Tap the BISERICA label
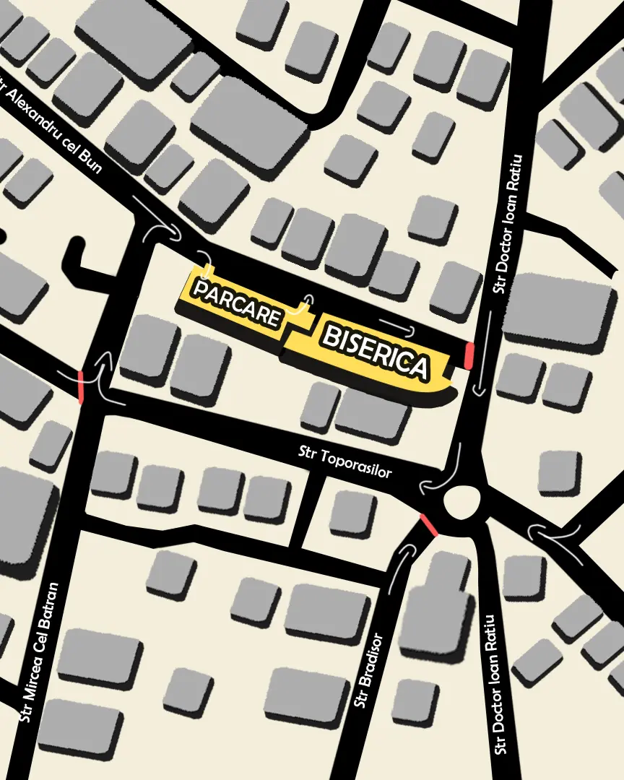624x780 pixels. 375,352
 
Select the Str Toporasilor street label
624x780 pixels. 345,461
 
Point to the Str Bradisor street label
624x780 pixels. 367,672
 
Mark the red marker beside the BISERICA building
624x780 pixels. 469,356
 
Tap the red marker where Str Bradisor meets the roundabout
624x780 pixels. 428,525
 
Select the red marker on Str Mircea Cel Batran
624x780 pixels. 80,386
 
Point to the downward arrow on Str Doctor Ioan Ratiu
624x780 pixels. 480,361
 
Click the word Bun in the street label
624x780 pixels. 90,160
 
